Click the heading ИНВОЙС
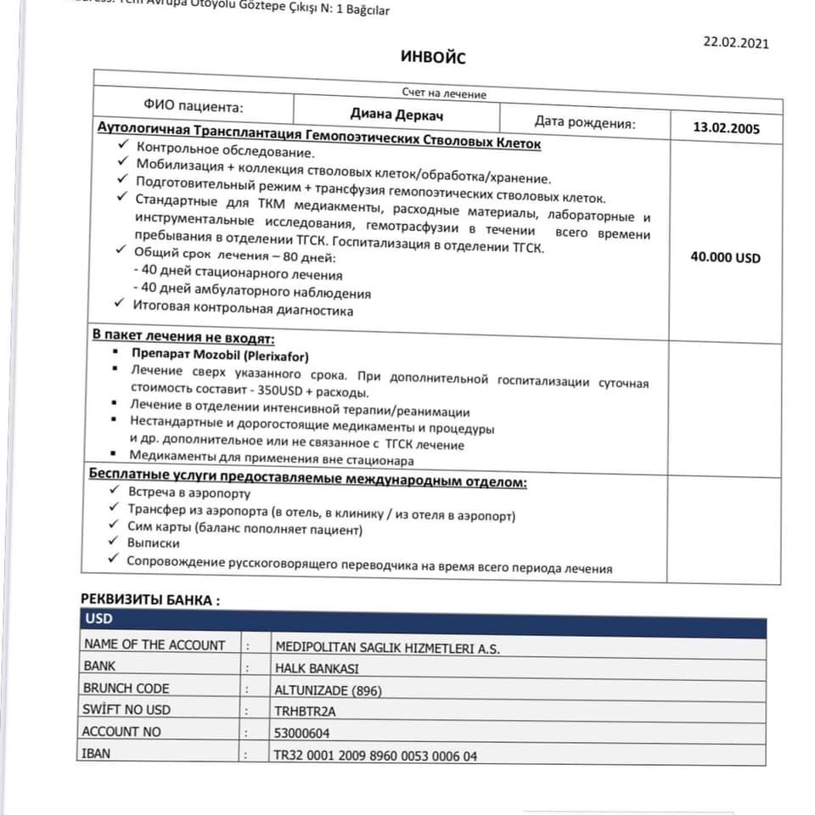[433, 58]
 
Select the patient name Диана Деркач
[396, 115]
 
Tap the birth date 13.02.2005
[726, 128]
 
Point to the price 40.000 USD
[726, 257]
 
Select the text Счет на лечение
[444, 94]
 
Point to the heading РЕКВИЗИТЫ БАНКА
[149, 600]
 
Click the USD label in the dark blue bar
[99, 619]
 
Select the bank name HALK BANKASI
[317, 668]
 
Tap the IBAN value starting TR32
[375, 755]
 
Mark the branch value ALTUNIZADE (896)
[328, 690]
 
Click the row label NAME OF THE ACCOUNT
[154, 645]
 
